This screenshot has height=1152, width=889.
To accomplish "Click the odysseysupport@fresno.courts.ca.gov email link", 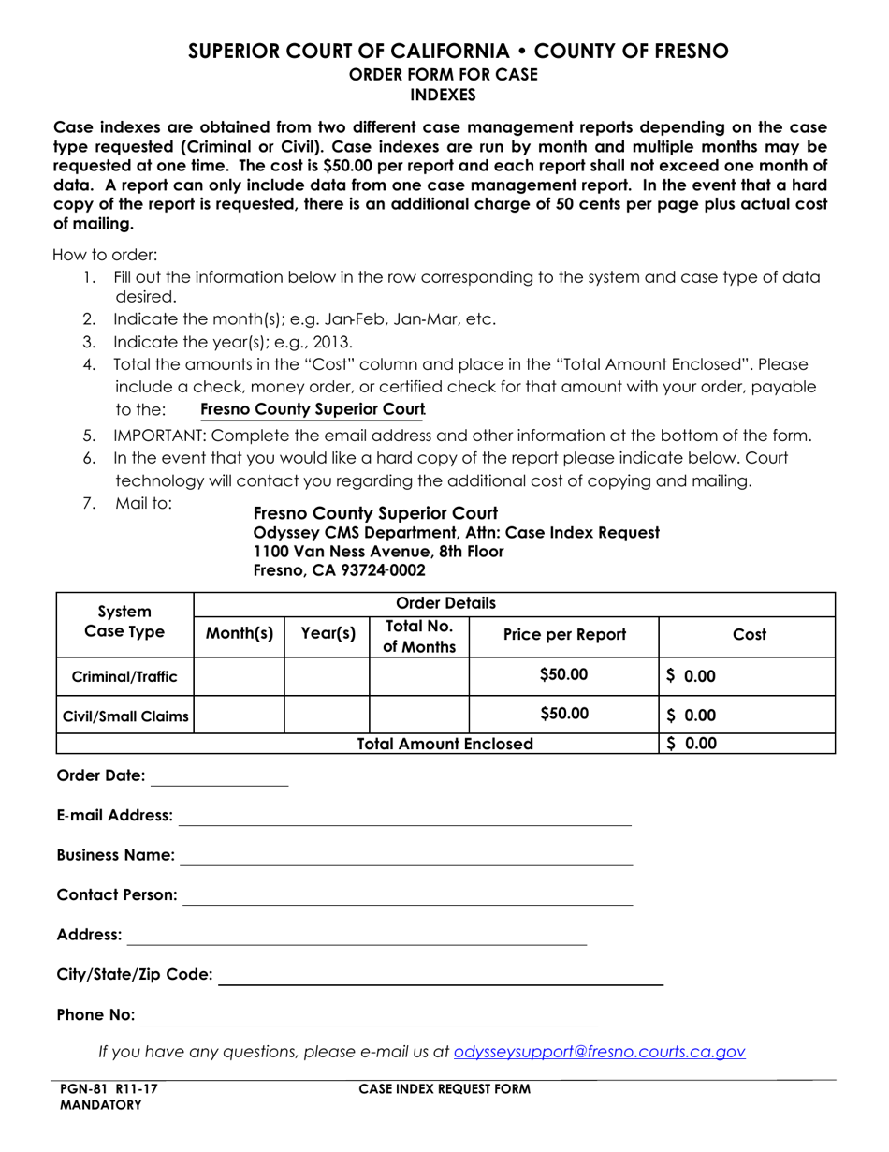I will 599,1052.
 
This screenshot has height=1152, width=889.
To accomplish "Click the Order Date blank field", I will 219,776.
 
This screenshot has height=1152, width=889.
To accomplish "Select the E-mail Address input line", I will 404,817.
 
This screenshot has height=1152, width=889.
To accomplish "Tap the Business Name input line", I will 405,856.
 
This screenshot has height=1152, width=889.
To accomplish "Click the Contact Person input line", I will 407,896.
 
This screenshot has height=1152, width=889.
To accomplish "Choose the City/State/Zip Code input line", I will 440,976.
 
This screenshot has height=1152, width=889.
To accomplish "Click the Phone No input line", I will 369,1016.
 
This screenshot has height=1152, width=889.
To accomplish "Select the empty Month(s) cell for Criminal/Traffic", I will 239,676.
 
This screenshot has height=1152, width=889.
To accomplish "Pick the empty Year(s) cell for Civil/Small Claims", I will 327,715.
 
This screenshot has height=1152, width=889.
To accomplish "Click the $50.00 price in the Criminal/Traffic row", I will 564,675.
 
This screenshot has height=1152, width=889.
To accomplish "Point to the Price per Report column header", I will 564,635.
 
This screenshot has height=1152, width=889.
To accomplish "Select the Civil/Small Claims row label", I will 124,717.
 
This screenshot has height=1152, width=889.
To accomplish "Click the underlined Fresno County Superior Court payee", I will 313,410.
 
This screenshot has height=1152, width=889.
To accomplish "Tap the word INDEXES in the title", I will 444,95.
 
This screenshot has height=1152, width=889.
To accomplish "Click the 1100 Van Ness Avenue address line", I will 378,552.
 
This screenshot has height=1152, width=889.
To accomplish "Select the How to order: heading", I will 105,255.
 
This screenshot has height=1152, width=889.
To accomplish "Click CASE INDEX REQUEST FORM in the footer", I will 444,1089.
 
